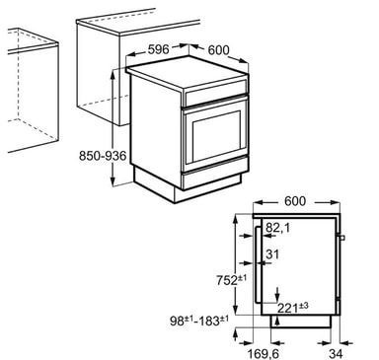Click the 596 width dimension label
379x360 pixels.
pos(158,49)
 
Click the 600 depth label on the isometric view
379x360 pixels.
pos(218,50)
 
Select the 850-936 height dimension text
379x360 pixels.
pos(103,156)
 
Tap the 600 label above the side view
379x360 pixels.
pos(295,201)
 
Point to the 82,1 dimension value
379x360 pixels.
pos(278,228)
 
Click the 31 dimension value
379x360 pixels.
pos(272,254)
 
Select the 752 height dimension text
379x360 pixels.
pos(231,280)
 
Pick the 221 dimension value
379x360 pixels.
pos(293,308)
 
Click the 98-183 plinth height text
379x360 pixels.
pos(199,321)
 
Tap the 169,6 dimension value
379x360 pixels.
pos(264,354)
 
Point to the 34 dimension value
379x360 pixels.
pos(336,354)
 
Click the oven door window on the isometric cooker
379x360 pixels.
pos(216,136)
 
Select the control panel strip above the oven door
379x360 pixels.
pos(216,93)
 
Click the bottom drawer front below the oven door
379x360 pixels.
pos(214,174)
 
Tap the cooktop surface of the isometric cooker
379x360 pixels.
pos(188,72)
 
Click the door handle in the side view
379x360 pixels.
pos(257,263)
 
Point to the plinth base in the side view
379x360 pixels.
pos(300,322)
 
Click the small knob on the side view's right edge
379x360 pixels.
pos(342,238)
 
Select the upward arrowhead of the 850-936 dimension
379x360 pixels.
pos(113,74)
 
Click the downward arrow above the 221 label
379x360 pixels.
pos(278,294)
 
